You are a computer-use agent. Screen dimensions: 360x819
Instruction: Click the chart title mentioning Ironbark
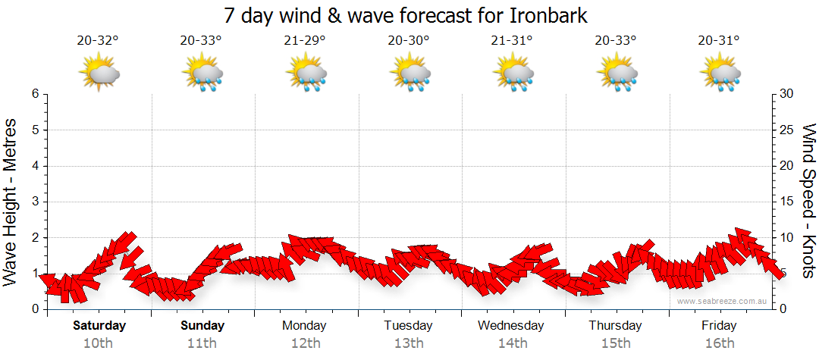(406, 15)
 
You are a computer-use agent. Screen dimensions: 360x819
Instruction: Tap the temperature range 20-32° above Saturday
(98, 41)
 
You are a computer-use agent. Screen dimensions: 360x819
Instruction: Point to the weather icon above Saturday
(100, 74)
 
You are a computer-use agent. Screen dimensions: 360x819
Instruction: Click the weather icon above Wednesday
(514, 74)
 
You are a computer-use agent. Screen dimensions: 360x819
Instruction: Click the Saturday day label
(99, 326)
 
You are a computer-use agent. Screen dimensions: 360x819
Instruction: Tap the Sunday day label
(202, 326)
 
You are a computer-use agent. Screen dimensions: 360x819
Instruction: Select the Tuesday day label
(408, 326)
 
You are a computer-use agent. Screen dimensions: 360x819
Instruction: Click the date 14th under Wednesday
(513, 343)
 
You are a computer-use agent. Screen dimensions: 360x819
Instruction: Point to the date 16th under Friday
(719, 343)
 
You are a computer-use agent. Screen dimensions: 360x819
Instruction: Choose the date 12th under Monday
(305, 343)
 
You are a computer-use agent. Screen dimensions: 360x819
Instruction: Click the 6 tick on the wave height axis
(35, 94)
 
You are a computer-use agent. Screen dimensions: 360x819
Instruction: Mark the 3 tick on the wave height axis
(35, 202)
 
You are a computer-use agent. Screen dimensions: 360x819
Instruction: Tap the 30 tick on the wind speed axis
(788, 94)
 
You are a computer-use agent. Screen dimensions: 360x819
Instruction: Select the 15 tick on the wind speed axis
(788, 202)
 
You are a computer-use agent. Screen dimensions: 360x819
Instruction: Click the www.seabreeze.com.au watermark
(723, 302)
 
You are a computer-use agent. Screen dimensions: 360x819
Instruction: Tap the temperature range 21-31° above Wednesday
(512, 41)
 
